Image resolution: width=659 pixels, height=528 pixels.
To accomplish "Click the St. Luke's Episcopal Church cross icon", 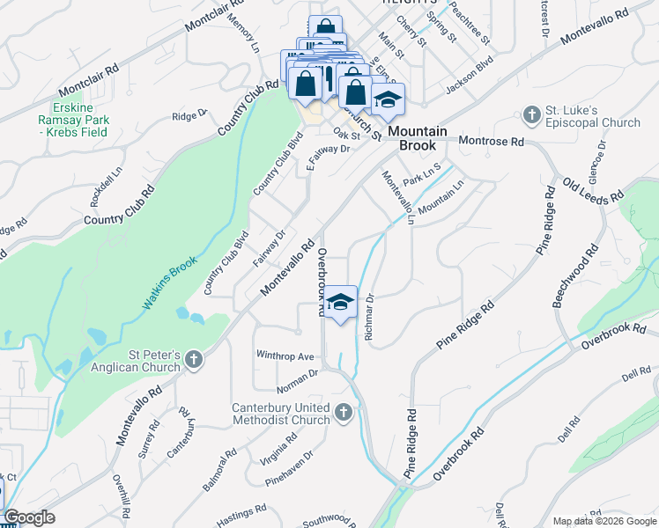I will point(531,114).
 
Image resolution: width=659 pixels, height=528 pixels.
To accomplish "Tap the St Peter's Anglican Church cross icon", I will point(194,359).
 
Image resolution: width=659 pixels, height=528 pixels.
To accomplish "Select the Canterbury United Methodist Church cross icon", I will point(343,411).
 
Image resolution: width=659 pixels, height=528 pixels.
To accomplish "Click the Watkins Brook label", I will point(170,283).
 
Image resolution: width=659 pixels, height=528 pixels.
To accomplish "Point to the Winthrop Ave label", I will point(285,356).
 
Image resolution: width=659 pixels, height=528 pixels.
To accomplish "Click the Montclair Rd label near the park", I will point(86,80).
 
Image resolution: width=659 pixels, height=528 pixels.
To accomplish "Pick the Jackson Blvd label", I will point(469,77).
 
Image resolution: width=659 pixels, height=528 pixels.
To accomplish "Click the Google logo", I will point(30,517).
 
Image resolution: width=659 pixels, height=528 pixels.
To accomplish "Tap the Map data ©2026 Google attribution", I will point(604,521).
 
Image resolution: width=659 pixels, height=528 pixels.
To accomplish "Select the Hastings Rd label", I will point(241,515).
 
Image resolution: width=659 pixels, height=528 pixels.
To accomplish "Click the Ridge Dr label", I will point(189,114).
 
